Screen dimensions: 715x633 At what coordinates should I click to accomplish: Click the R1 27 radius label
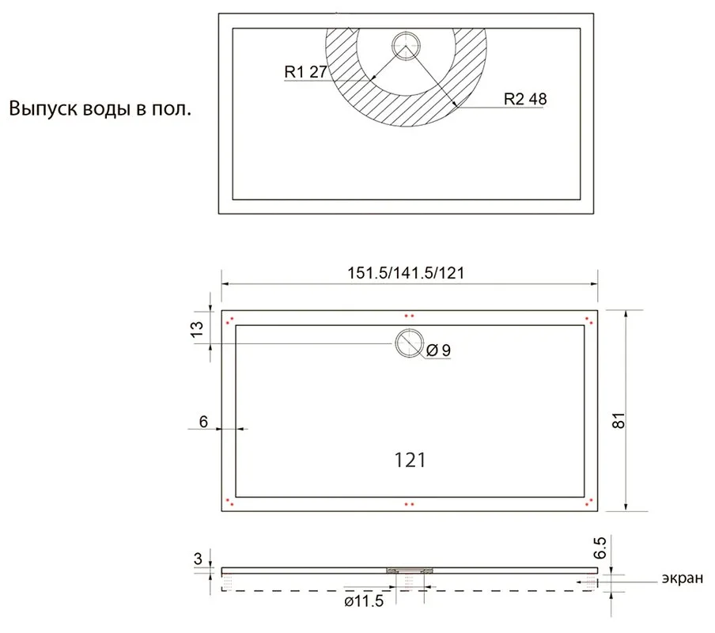(x=305, y=71)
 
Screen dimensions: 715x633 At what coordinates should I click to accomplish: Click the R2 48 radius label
(x=525, y=99)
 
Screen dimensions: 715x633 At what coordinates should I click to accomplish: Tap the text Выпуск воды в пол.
(x=100, y=109)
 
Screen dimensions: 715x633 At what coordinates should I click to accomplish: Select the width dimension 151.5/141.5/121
(x=406, y=273)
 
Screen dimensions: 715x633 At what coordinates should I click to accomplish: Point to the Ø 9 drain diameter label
(x=438, y=351)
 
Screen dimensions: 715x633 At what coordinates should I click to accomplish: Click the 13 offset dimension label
(x=196, y=329)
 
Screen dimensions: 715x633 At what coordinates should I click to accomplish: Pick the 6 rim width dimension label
(x=203, y=422)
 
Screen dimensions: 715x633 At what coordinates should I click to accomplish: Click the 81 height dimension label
(x=618, y=420)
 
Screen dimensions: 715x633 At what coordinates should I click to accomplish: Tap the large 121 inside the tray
(x=410, y=461)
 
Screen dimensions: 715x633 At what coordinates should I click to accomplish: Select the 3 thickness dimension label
(x=198, y=559)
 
